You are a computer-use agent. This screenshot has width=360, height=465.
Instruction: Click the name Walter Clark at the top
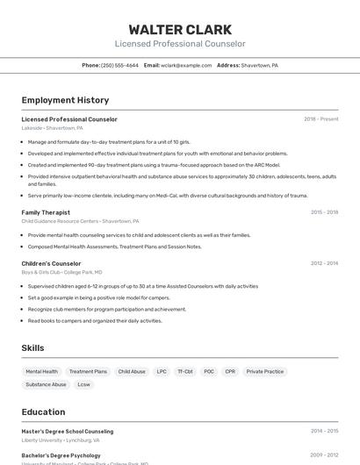[180, 29]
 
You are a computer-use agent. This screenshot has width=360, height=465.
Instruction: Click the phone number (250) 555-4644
[119, 65]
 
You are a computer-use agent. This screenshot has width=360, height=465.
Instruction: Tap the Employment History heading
[65, 100]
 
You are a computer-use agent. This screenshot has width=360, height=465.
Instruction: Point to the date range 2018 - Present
[320, 119]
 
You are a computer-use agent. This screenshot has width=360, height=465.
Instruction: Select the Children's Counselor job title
[51, 263]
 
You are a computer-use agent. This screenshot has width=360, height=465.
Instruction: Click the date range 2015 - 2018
[324, 212]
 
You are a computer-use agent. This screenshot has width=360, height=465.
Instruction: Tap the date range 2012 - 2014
[324, 263]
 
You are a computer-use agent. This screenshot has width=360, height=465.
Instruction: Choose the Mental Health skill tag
[42, 371]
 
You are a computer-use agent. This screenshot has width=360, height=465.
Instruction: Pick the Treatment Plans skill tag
[88, 371]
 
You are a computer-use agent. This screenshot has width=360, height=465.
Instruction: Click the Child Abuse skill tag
[132, 371]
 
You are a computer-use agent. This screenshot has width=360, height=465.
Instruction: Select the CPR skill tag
[230, 371]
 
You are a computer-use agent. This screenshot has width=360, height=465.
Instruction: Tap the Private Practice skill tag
[265, 371]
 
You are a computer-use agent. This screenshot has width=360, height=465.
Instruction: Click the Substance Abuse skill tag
[46, 384]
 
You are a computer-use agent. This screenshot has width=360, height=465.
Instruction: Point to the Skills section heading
[32, 348]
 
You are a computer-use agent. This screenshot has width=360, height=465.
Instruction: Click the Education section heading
[43, 411]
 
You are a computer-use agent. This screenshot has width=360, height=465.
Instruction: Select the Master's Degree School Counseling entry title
[68, 432]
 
